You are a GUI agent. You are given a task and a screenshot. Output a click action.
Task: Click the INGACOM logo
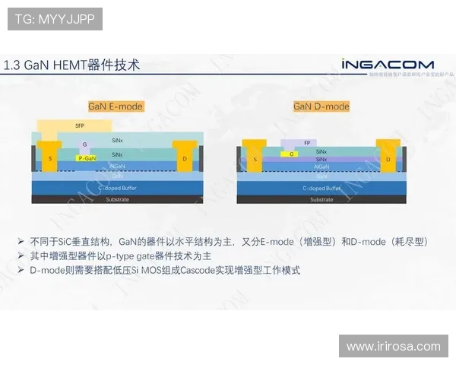click(387, 64)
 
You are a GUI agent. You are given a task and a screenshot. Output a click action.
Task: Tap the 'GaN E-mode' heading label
click(116, 106)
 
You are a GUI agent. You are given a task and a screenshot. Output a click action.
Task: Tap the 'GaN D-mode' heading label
click(321, 106)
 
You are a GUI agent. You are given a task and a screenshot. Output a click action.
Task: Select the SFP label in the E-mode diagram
click(79, 125)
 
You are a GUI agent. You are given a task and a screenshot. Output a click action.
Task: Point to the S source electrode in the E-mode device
click(50, 158)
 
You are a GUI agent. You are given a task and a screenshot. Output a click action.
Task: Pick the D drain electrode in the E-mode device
click(185, 158)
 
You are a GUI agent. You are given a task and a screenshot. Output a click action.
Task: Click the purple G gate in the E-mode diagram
click(85, 144)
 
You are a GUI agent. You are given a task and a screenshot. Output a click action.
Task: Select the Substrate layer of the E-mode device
click(117, 200)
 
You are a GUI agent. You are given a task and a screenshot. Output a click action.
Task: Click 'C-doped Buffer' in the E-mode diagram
click(117, 187)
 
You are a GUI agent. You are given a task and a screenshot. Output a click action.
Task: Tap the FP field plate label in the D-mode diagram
click(306, 142)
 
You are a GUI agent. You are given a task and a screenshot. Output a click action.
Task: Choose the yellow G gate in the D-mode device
click(289, 154)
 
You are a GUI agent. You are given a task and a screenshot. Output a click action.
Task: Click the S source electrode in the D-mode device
click(255, 159)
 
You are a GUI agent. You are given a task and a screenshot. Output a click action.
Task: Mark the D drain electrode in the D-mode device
click(388, 159)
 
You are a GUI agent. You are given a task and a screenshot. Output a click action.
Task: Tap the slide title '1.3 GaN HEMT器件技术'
click(72, 65)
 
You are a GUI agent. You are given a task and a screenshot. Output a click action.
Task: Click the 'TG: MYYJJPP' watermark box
click(55, 19)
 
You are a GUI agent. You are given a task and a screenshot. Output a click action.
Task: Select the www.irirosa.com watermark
click(393, 346)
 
